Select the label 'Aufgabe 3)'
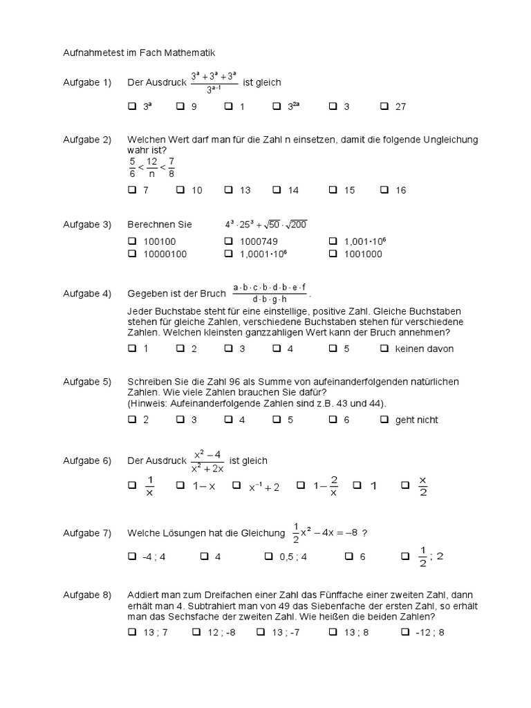coord(87,224)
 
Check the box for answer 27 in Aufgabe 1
coord(384,106)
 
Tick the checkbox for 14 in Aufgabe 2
coord(277,190)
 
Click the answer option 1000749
coord(258,241)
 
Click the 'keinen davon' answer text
coord(424,348)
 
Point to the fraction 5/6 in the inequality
coord(132,167)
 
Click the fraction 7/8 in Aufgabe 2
coord(171,167)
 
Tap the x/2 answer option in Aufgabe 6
coord(423,486)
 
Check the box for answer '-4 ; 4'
coord(132,557)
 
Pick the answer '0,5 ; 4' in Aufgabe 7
coord(293,557)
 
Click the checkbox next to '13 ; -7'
coord(260,632)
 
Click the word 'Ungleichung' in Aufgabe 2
coord(453,140)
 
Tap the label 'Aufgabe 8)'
coord(87,595)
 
